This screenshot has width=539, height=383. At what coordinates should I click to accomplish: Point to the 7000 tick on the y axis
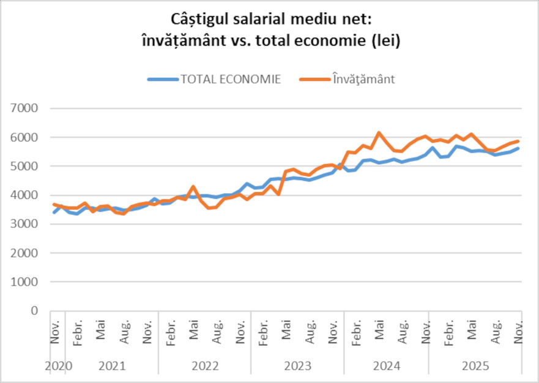(25, 108)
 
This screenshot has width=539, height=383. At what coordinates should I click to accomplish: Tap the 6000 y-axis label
(25, 137)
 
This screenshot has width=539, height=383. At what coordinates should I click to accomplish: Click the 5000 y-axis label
(25, 166)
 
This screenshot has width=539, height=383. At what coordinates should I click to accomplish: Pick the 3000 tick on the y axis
(25, 224)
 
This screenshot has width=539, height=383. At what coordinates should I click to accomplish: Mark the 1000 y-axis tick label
(25, 282)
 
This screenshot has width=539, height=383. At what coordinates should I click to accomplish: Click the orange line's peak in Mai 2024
(379, 132)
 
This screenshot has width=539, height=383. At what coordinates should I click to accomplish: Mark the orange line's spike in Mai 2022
(193, 186)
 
